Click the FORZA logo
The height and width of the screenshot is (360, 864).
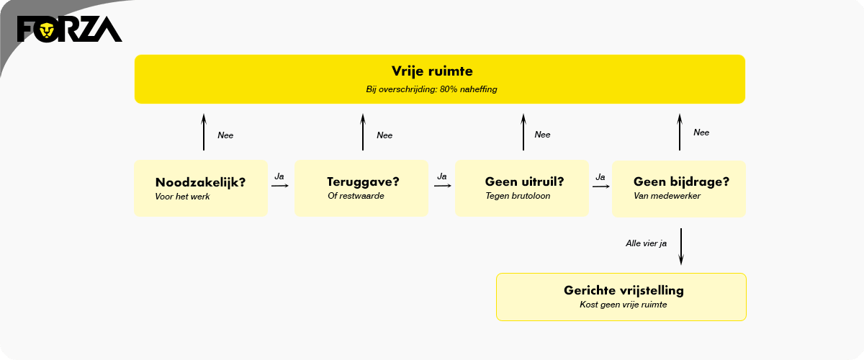pos(70,29)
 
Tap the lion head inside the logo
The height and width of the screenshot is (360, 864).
pos(47,30)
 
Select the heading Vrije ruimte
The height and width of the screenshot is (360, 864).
pos(432,71)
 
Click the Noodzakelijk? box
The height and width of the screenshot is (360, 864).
pos(201,189)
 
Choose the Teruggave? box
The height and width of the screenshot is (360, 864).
pos(361,189)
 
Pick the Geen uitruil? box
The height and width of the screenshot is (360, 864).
pos(522,189)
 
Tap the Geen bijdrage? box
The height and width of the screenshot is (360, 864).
pos(679,189)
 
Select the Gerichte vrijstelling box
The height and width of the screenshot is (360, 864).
pos(621,297)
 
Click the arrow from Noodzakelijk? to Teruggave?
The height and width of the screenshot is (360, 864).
pos(280,186)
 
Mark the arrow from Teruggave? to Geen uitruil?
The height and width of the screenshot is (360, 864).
pos(442,186)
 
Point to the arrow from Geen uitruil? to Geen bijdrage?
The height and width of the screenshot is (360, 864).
pos(601,186)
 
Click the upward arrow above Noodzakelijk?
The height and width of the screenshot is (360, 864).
pos(204,132)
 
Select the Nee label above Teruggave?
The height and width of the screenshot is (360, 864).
pos(384,135)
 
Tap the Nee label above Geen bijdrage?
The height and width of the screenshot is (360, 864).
pos(701,132)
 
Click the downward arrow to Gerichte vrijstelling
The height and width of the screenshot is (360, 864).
pos(681,246)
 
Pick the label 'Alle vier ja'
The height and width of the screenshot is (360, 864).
pos(646,243)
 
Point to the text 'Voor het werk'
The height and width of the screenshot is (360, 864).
pos(182,197)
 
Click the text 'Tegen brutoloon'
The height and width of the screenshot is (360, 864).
pos(518,196)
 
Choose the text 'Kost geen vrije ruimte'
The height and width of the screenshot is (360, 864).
pos(624,305)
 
